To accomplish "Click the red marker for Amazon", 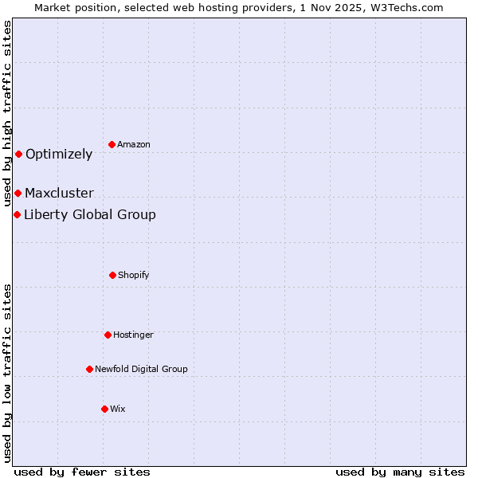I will [112, 144].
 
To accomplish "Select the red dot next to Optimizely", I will [18, 154].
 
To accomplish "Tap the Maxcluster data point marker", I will [18, 193].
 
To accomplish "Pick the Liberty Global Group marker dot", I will [17, 214].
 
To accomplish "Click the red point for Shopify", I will [112, 275].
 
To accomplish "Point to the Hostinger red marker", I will [108, 335].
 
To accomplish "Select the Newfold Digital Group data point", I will [89, 369].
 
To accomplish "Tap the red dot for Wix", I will [104, 409].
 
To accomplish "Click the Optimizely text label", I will [59, 155].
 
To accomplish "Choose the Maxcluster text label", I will [59, 194].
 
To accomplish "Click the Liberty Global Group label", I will [90, 215].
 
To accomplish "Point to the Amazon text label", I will [134, 145].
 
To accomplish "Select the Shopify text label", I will [134, 276].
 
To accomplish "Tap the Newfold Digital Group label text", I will [141, 370].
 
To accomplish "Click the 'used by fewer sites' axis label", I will [82, 472].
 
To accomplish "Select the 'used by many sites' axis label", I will [400, 472].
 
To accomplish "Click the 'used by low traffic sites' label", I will [7, 373].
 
